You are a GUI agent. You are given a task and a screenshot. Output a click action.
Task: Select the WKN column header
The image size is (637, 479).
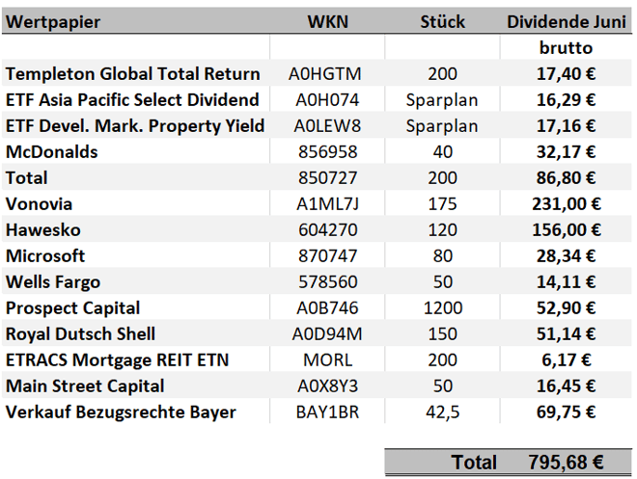[x=327, y=21]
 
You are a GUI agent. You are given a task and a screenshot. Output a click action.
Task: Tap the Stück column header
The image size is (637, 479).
[x=442, y=21]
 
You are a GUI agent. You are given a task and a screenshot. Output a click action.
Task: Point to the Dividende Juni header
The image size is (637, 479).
[x=565, y=21]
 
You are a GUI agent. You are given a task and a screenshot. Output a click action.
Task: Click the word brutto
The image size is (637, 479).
[x=566, y=47]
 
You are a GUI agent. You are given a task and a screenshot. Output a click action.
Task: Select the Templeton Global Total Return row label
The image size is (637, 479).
[x=133, y=73]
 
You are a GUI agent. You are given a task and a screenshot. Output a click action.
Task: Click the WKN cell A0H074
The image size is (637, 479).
[x=327, y=99]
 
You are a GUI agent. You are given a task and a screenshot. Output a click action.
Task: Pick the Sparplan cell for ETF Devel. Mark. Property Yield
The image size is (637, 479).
[x=442, y=125]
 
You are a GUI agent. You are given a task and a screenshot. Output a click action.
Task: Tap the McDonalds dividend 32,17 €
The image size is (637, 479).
[x=566, y=151]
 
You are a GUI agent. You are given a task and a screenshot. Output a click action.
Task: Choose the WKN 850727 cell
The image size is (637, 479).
[x=327, y=177]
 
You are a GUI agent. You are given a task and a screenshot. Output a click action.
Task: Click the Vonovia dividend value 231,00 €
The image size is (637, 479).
[x=566, y=203]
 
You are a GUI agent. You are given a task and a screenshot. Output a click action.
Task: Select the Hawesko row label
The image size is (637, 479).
[x=43, y=229]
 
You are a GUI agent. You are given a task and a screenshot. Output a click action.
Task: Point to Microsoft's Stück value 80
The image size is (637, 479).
[x=442, y=255]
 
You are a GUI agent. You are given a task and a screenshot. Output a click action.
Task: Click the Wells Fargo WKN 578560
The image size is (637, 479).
[x=327, y=281]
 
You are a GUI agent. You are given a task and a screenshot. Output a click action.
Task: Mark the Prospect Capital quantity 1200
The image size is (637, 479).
[x=442, y=307]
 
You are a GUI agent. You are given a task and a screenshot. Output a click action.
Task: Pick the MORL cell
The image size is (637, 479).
[x=327, y=359]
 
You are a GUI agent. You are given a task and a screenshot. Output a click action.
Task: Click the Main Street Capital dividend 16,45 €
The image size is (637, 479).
[x=566, y=386]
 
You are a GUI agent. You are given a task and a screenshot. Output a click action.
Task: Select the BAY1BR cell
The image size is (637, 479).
[x=327, y=412]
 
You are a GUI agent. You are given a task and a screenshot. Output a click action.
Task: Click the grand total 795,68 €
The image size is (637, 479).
[x=566, y=463]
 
